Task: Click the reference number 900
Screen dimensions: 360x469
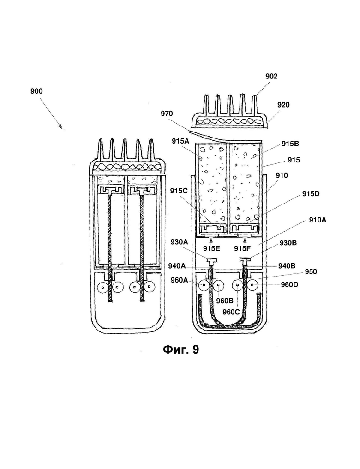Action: tap(36, 91)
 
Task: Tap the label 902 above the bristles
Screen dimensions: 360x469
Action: tap(271, 76)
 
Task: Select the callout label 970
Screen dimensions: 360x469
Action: tap(167, 114)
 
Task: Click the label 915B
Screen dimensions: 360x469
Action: tap(290, 144)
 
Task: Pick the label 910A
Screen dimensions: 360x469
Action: tap(318, 220)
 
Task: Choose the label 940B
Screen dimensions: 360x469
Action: tap(287, 265)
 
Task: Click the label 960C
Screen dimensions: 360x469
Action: tap(231, 312)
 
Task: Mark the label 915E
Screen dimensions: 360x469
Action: tap(212, 248)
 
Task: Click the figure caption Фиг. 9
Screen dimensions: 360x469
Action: tap(181, 349)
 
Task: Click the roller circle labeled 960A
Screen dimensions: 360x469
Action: tap(204, 285)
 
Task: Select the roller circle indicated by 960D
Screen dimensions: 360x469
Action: tap(252, 285)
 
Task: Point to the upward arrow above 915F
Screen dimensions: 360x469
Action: tap(245, 240)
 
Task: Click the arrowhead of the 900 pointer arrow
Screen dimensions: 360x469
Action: tap(62, 129)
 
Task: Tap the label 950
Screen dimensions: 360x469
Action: tap(311, 271)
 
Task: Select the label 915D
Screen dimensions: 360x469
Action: tap(311, 194)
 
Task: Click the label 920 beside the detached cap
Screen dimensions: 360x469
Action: tap(283, 105)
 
